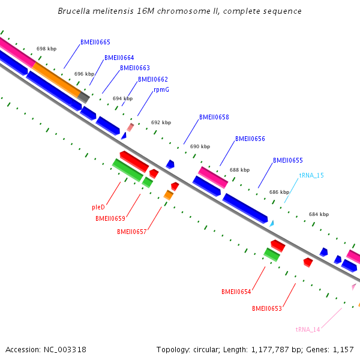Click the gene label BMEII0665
click(x=95, y=43)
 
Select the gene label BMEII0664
click(x=119, y=58)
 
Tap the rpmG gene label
click(x=161, y=89)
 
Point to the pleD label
click(x=98, y=207)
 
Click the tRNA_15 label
click(x=311, y=175)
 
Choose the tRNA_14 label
click(x=308, y=329)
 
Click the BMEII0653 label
click(x=267, y=309)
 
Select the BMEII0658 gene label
click(x=214, y=118)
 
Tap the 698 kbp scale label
click(x=46, y=49)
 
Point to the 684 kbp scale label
click(x=319, y=214)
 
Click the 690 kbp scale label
click(x=200, y=146)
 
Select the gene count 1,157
click(x=343, y=350)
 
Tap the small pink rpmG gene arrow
click(x=130, y=127)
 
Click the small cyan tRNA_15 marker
click(x=272, y=223)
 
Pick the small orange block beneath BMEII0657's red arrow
click(x=169, y=195)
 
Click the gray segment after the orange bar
click(x=84, y=97)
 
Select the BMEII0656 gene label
click(x=250, y=139)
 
